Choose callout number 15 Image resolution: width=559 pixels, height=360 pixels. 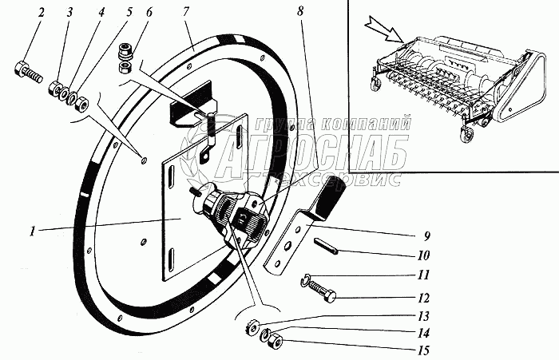click(422, 350)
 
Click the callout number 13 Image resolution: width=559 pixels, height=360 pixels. click(422, 316)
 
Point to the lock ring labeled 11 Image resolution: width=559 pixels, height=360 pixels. click(307, 279)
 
